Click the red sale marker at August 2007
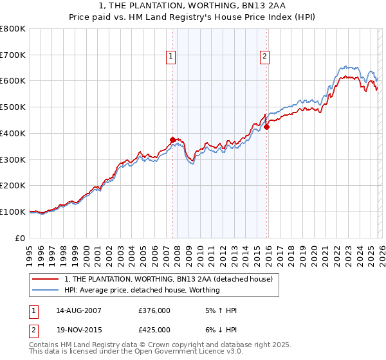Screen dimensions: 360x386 (x=172, y=139)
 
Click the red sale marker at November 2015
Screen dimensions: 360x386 (x=266, y=127)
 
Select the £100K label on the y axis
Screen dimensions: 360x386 (x=13, y=212)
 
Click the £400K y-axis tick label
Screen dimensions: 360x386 (x=13, y=133)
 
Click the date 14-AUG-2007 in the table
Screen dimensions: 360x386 (x=78, y=310)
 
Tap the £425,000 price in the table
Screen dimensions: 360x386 (x=155, y=330)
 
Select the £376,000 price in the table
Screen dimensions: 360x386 (x=155, y=310)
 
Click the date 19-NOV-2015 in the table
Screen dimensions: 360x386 (x=78, y=330)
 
